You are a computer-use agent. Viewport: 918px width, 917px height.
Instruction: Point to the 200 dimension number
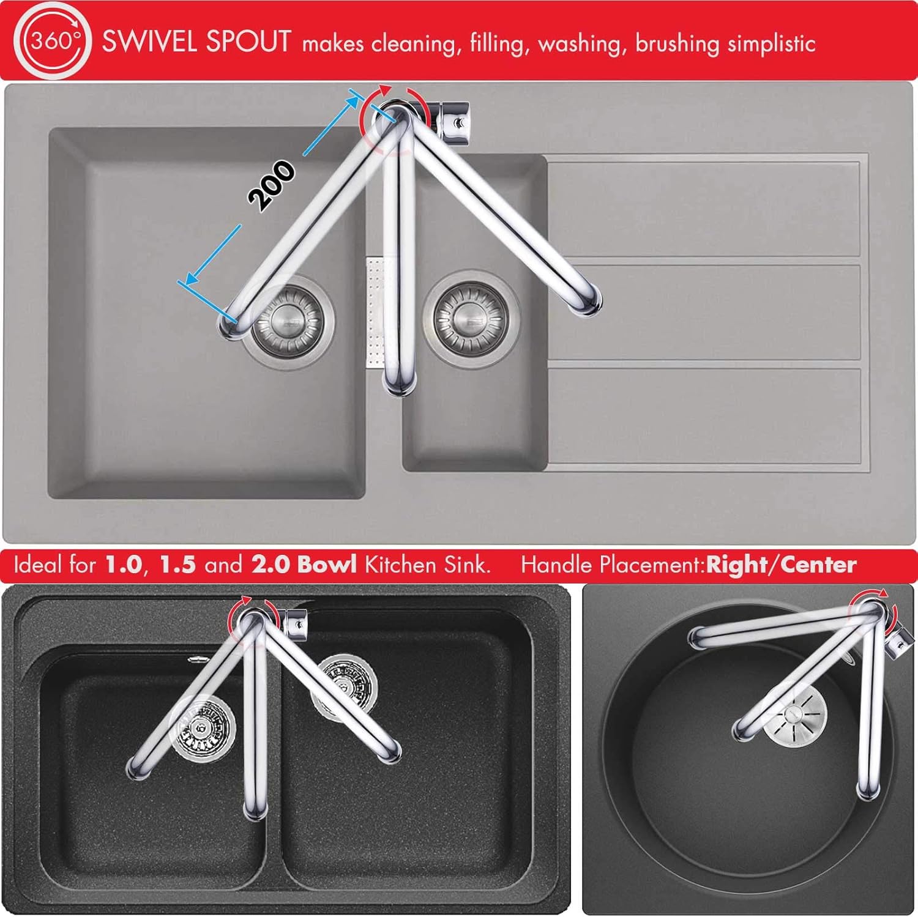click(271, 185)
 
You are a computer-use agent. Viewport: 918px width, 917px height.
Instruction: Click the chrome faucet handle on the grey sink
click(453, 118)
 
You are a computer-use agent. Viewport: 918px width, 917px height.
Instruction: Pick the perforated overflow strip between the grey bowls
click(374, 312)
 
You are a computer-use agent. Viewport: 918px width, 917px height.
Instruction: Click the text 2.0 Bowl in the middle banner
click(304, 564)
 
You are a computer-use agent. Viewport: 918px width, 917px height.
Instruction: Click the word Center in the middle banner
click(818, 565)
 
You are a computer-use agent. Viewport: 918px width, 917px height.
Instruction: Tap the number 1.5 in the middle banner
click(177, 565)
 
